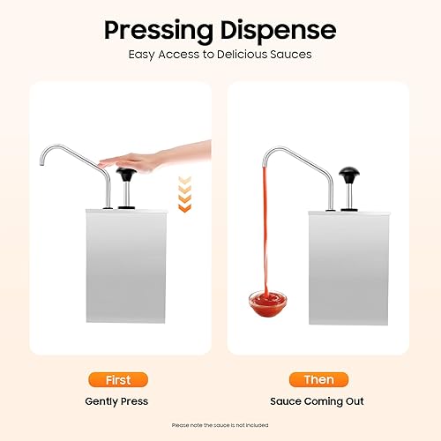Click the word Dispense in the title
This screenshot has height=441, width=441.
click(280, 30)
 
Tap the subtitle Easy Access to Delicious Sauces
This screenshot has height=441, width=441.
click(220, 55)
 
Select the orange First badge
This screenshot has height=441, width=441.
click(117, 380)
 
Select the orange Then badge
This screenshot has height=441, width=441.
click(318, 380)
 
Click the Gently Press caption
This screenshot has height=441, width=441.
click(117, 401)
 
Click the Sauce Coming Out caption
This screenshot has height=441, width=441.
click(318, 401)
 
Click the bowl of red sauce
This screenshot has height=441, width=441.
click(267, 305)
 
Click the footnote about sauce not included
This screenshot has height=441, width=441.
click(220, 426)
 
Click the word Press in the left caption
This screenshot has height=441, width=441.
click(133, 401)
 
